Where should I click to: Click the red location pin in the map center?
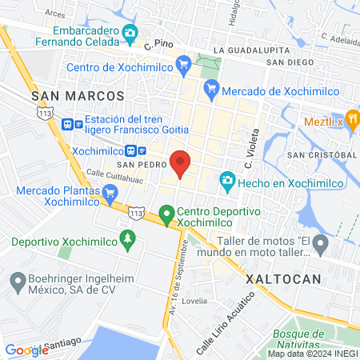[181, 163]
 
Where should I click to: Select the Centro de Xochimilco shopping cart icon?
[182, 62]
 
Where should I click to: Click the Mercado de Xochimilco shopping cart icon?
[211, 90]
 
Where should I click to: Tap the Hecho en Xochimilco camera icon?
[228, 182]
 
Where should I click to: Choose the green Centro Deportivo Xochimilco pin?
[166, 214]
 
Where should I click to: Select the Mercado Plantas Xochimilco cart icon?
[110, 192]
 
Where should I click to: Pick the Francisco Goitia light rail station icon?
[69, 123]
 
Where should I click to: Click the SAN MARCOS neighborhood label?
[78, 95]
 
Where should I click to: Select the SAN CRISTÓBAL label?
[322, 154]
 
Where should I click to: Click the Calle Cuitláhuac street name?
[114, 174]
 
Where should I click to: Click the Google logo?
[27, 350]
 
